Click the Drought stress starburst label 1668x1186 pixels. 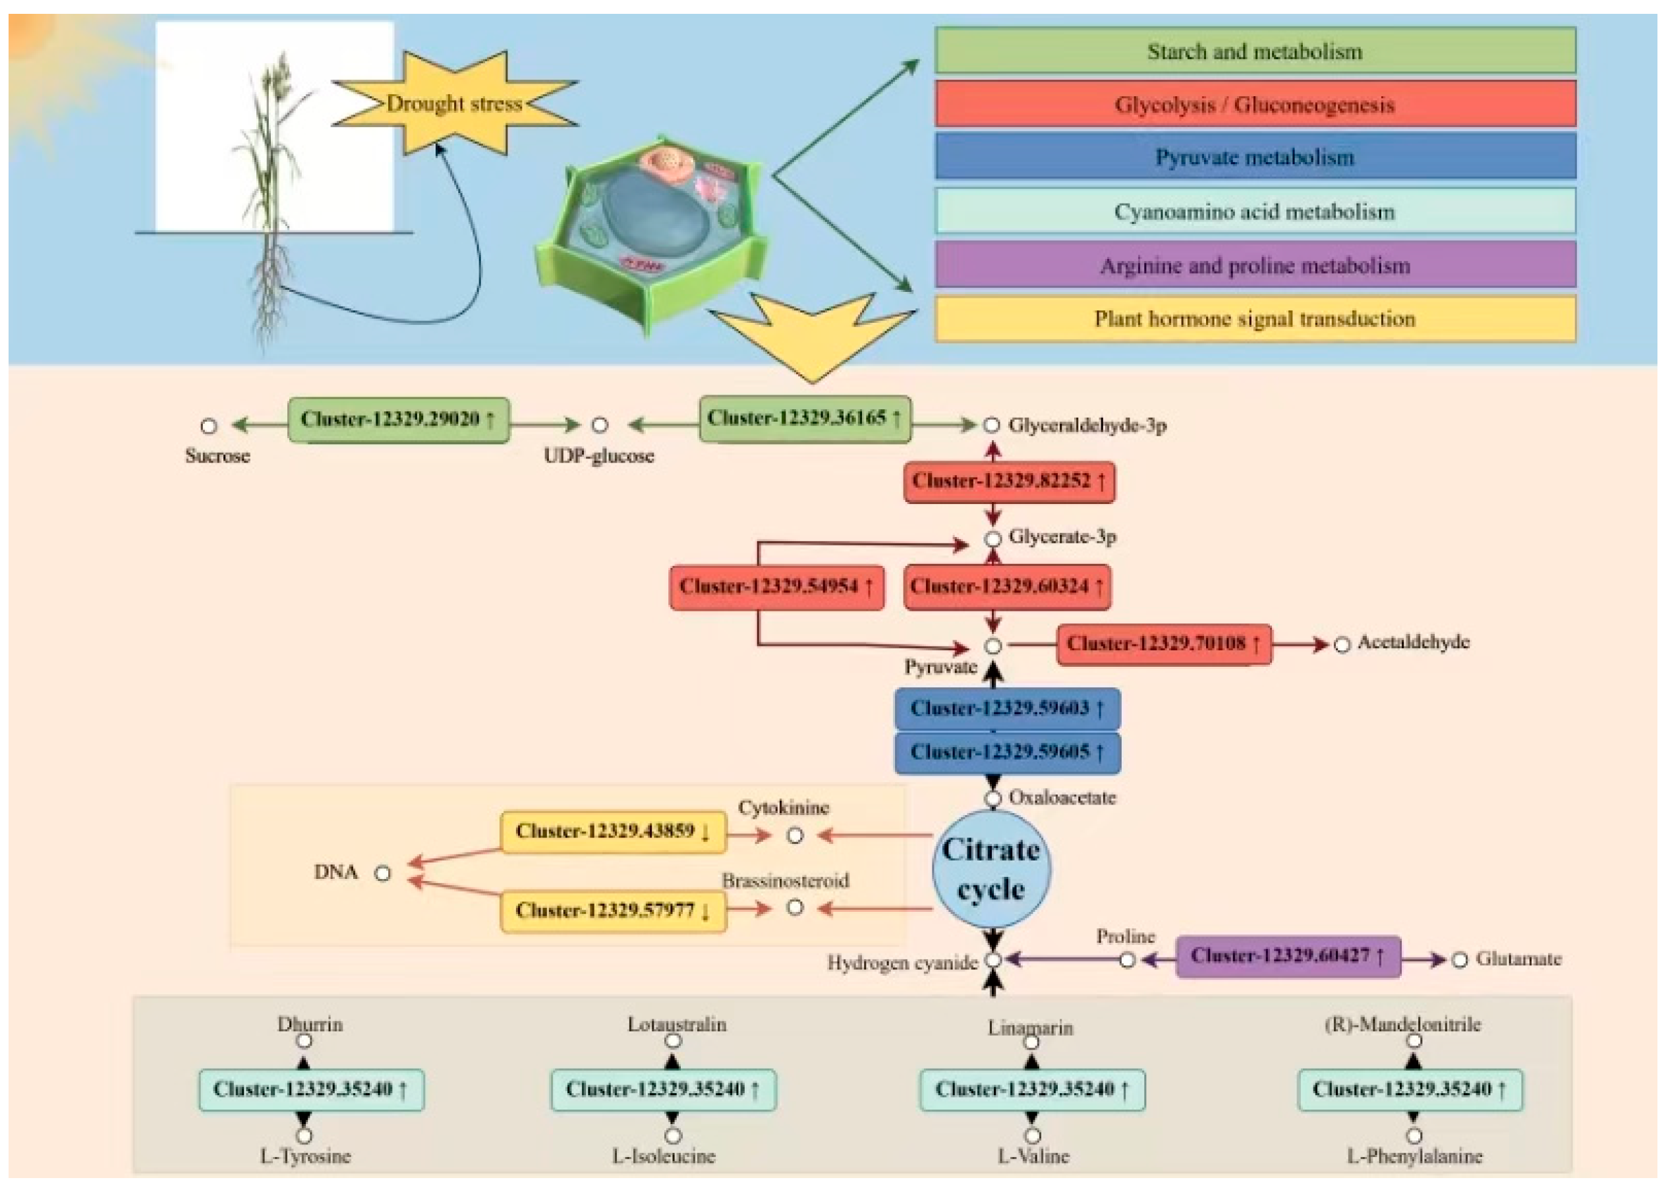(x=454, y=103)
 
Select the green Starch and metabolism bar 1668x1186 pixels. (x=1255, y=51)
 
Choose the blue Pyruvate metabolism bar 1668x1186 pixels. (x=1255, y=157)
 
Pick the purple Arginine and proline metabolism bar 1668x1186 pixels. (x=1255, y=265)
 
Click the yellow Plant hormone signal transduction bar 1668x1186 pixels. (x=1255, y=319)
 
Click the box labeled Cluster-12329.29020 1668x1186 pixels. (x=398, y=420)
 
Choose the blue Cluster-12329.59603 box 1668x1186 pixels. (x=1007, y=708)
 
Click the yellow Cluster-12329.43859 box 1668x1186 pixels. (x=613, y=832)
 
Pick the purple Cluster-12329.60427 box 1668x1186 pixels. (x=1288, y=956)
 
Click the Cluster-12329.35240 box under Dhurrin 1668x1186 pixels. (x=310, y=1090)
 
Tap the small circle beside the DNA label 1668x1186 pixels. (x=383, y=874)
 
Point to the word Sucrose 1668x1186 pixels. (x=217, y=457)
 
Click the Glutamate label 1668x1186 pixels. (x=1518, y=959)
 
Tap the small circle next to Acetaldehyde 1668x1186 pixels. (x=1342, y=645)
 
